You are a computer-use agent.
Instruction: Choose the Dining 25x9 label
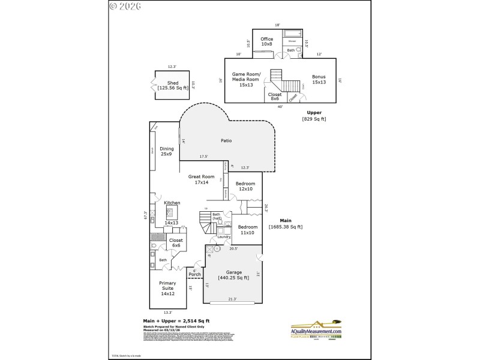pyautogui.click(x=166, y=151)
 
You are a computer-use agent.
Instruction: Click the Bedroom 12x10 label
pyautogui.click(x=245, y=187)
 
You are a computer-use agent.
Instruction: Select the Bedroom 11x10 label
pyautogui.click(x=248, y=230)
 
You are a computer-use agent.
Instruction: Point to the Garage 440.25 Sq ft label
pyautogui.click(x=235, y=274)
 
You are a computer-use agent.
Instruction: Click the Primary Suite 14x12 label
pyautogui.click(x=167, y=288)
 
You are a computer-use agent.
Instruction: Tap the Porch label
pyautogui.click(x=194, y=275)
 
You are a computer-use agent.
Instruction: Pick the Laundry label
pyautogui.click(x=224, y=237)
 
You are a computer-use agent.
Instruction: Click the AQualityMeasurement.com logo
pyautogui.click(x=316, y=332)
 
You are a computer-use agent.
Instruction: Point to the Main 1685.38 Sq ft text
pyautogui.click(x=286, y=224)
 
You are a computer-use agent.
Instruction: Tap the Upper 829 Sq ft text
pyautogui.click(x=313, y=116)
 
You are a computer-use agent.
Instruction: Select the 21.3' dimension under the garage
pyautogui.click(x=232, y=299)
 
